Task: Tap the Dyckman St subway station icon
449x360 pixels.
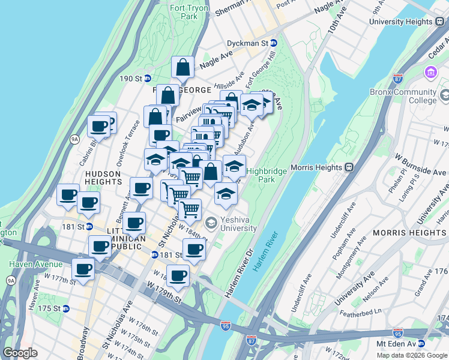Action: [x=273, y=43]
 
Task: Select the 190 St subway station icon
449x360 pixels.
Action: [x=147, y=79]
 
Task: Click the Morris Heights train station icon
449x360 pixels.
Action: [x=356, y=167]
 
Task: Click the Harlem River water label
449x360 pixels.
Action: [x=264, y=252]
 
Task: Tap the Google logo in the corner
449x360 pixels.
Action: [x=20, y=353]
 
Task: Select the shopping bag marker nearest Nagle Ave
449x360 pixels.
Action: [x=182, y=68]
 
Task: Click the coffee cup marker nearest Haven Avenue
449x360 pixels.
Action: [x=83, y=269]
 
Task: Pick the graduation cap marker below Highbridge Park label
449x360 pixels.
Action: [x=226, y=193]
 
